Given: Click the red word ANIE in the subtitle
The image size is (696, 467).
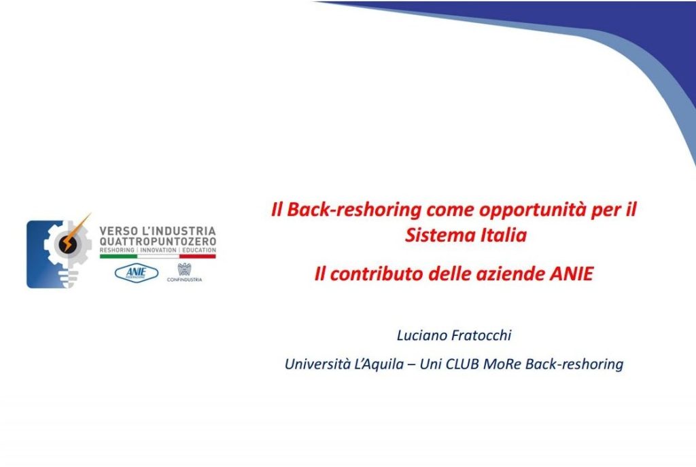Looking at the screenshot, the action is pos(572,274).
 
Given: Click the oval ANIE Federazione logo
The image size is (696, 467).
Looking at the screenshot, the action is pos(136,273).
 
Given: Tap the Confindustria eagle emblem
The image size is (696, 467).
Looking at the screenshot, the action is pos(184,269).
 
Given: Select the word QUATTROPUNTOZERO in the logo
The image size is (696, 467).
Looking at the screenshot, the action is pos(158,242).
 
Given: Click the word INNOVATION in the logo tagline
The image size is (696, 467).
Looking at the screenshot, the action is pos(158,250).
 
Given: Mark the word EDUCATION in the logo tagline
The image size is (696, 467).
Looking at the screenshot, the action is pos(199,250).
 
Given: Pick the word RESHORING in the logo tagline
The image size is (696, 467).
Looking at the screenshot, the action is pos(117,250).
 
